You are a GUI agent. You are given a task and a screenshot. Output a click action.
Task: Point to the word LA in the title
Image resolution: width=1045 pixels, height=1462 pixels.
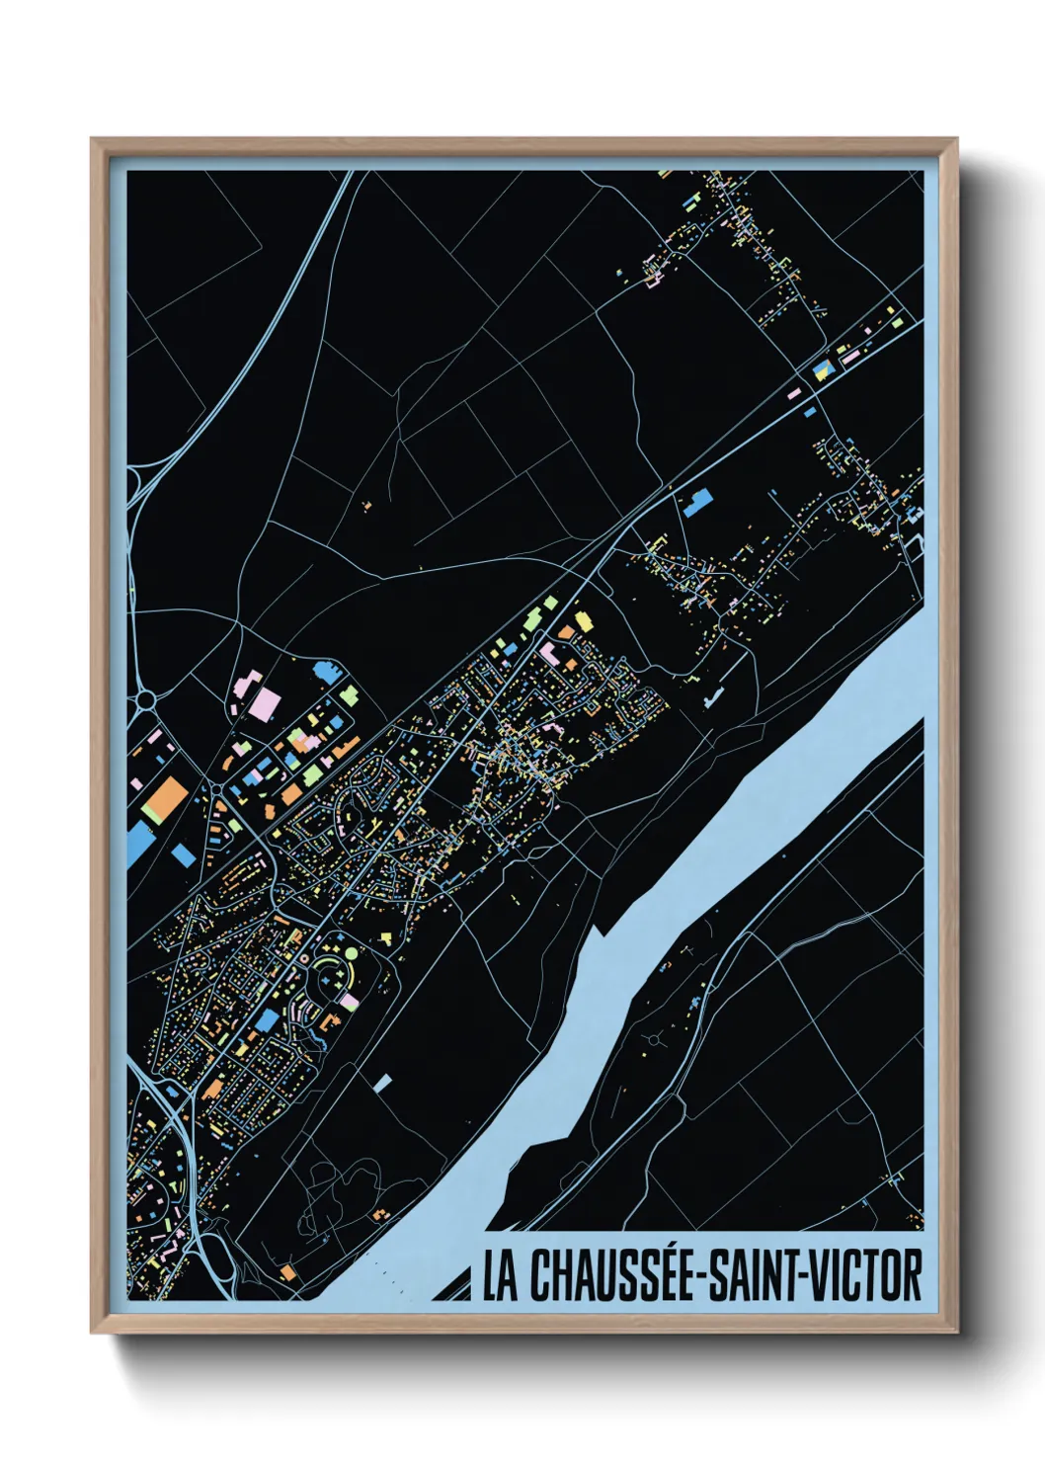point(500,1275)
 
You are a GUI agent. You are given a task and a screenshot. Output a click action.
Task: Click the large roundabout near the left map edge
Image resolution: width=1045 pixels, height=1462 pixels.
point(146,700)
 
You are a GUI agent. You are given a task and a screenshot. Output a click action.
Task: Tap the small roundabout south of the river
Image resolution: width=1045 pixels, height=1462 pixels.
point(655,1039)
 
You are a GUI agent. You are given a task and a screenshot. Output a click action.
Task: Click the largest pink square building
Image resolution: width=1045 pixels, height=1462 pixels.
point(265,705)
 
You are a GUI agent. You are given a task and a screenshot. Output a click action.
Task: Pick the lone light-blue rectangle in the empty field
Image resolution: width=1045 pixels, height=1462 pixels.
point(383,1083)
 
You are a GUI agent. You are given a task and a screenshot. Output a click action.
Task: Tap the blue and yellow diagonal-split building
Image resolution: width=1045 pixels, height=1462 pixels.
point(822,370)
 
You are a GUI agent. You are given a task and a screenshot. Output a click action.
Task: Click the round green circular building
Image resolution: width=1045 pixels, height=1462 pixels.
point(350,953)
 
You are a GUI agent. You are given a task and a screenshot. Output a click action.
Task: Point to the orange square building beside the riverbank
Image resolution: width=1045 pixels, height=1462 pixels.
point(287,1272)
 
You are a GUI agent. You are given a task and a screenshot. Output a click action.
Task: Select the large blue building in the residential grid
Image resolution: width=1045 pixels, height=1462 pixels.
point(267,1019)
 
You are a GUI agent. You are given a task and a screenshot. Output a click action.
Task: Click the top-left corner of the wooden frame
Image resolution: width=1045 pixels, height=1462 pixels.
point(93,140)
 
